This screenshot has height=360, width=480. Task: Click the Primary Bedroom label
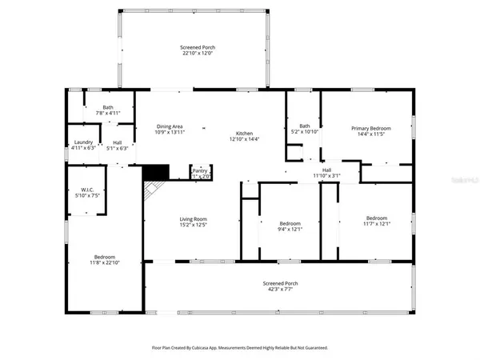[368, 128]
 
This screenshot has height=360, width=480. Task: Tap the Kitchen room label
[243, 133]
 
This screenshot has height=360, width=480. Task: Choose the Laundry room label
[83, 142]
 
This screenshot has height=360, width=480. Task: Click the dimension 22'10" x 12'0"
[197, 54]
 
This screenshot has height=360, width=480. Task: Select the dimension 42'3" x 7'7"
[280, 290]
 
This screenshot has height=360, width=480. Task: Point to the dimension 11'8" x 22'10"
[106, 262]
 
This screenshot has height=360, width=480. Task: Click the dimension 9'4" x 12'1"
[290, 229]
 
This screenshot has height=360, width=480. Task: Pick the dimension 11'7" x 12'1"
[377, 224]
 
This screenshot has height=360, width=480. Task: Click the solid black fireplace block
[155, 172]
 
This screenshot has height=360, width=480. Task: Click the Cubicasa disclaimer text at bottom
[239, 348]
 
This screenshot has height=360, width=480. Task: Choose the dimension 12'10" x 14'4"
[243, 138]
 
